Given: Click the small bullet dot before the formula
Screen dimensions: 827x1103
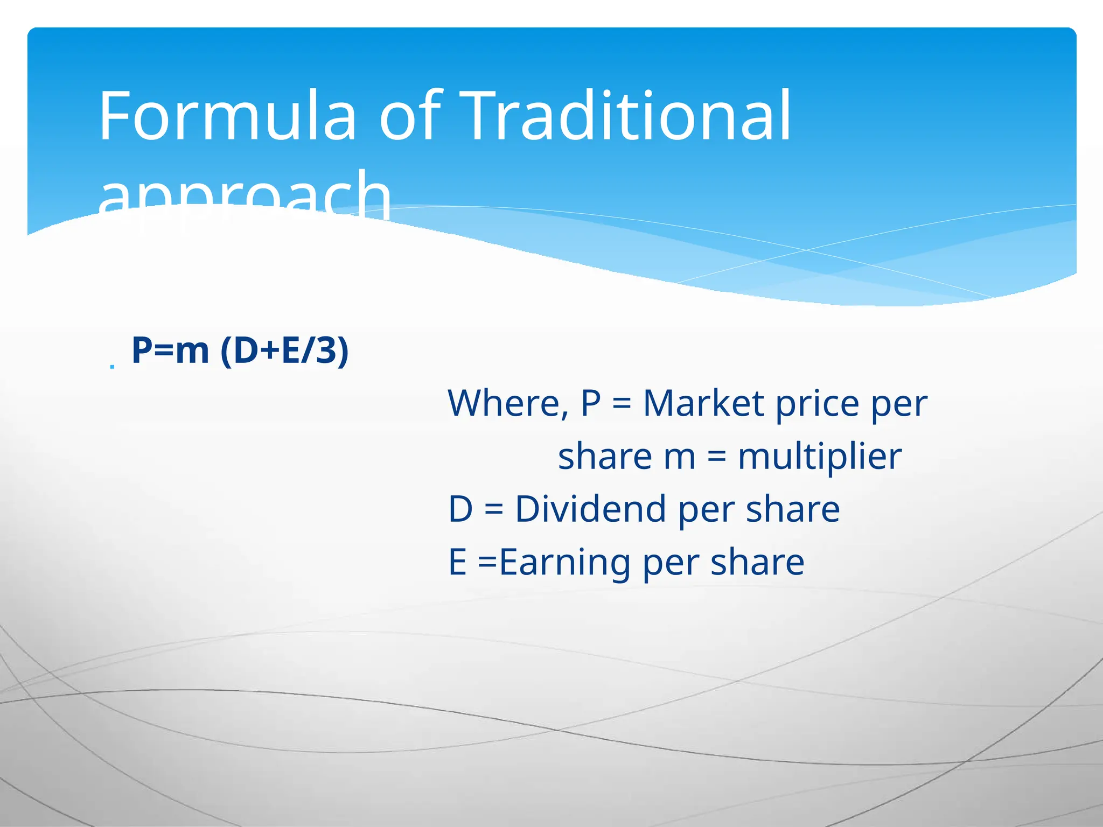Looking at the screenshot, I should [112, 367].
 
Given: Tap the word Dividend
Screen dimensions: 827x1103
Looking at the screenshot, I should [590, 509].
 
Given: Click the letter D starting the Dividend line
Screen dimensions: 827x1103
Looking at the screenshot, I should [460, 509].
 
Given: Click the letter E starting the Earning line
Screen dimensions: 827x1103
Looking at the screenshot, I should [457, 562].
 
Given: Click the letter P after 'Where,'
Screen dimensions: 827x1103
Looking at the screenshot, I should [591, 403].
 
